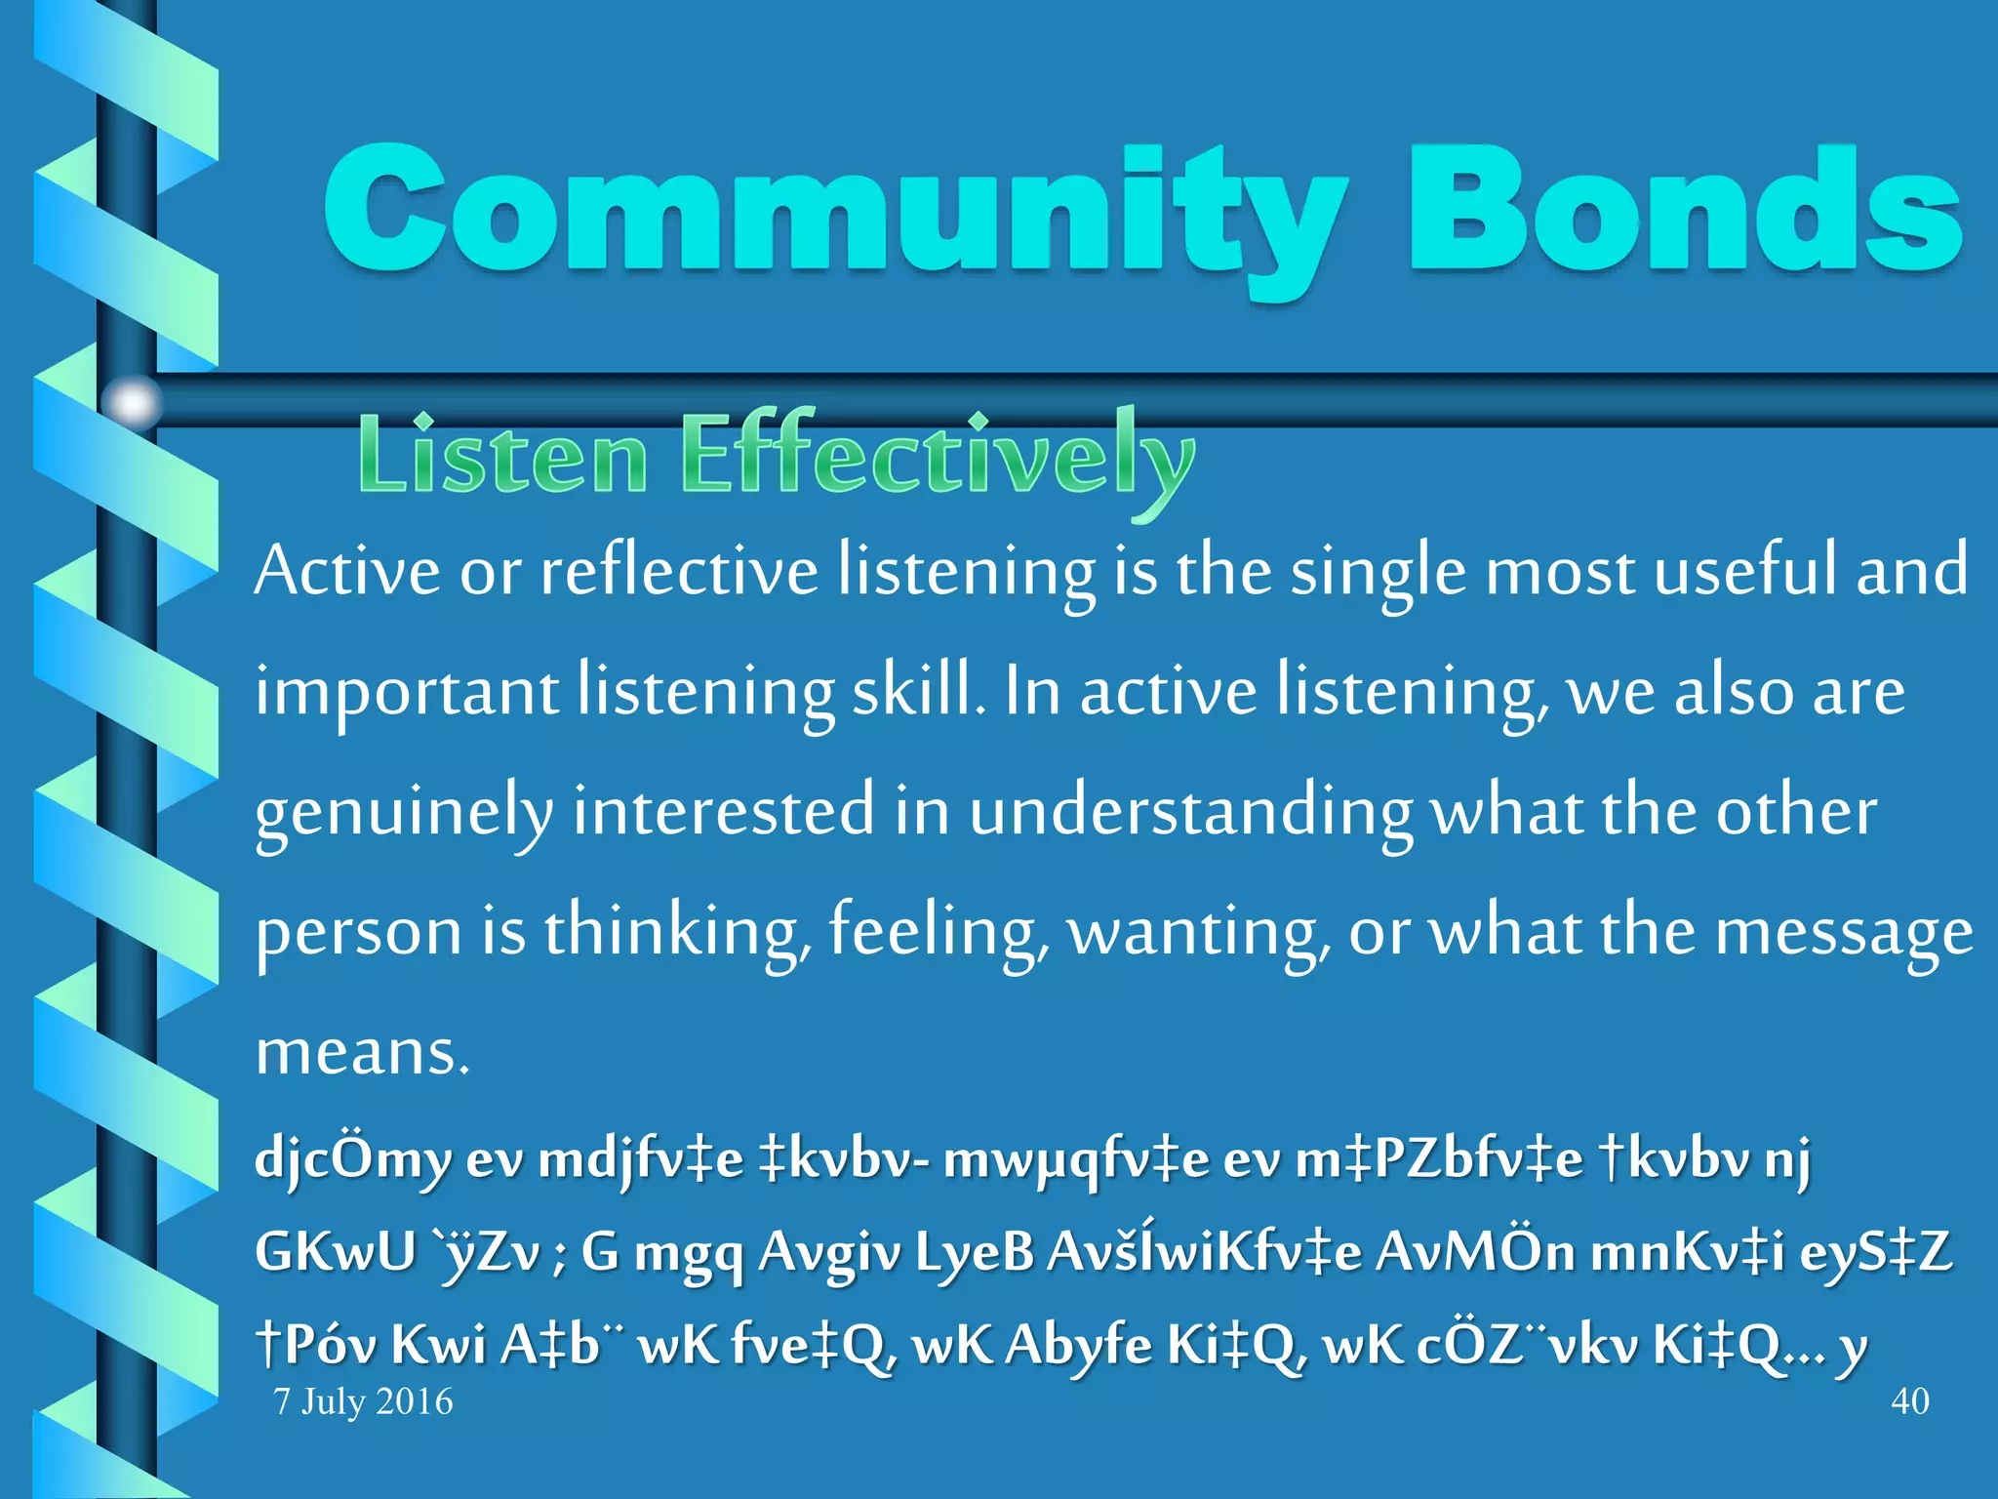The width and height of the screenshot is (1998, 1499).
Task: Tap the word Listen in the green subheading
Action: tap(502, 457)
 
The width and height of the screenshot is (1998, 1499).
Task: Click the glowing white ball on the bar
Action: tap(132, 401)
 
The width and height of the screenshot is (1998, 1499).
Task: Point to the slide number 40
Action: tap(1909, 1401)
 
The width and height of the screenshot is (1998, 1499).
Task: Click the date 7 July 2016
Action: tap(364, 1401)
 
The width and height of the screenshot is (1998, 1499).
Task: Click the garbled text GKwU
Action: tap(335, 1252)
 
